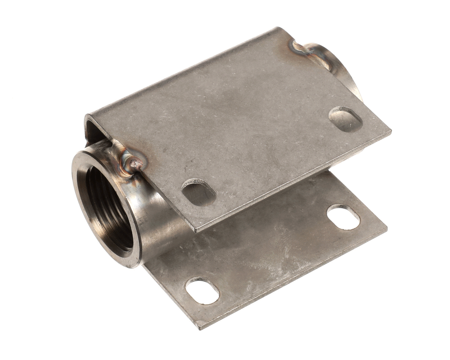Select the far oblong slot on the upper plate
pyautogui.click(x=345, y=119)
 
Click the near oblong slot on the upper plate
pyautogui.click(x=199, y=192)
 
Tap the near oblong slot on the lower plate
pyautogui.click(x=202, y=290)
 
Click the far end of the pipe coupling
pyautogui.click(x=343, y=70)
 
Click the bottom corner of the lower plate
pyautogui.click(x=199, y=327)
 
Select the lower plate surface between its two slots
pyautogui.click(x=272, y=255)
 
